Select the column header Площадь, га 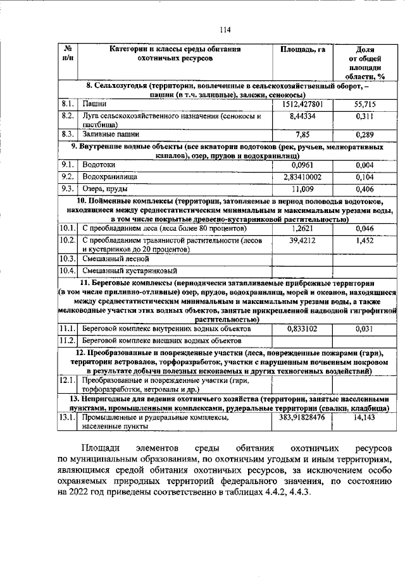coord(302,49)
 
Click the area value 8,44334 coord(302,116)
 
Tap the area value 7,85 coord(302,135)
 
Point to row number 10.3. coord(68,258)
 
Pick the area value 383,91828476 coord(302,418)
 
